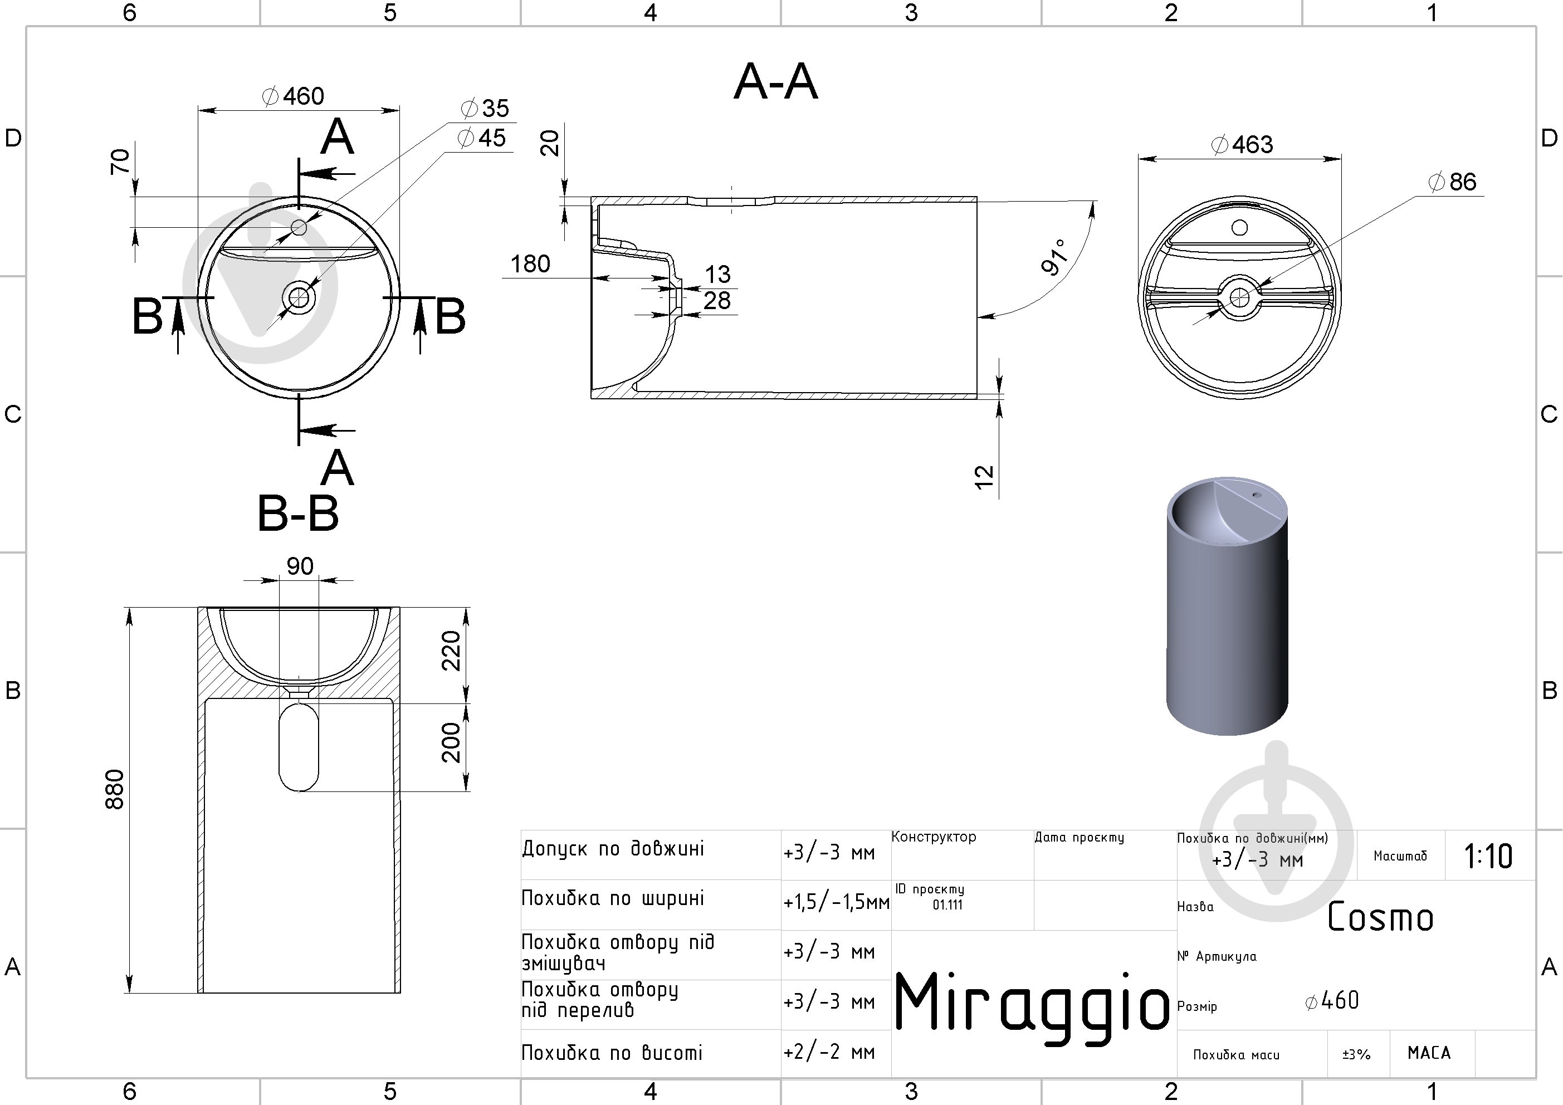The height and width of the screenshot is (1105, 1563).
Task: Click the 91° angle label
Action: (x=1054, y=257)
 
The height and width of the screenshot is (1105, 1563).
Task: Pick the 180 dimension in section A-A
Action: (x=530, y=263)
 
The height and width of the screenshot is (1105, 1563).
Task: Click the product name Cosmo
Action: (x=1380, y=917)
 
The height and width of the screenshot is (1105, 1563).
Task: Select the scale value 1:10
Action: (x=1488, y=857)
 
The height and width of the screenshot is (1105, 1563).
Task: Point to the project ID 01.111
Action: (x=947, y=905)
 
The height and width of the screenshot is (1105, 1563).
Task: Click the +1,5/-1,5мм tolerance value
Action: (x=836, y=903)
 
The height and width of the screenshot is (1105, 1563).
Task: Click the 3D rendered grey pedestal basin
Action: (x=1227, y=606)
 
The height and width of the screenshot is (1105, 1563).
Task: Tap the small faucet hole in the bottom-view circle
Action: (x=1239, y=227)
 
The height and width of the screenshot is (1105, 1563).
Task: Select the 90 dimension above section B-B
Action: (x=300, y=566)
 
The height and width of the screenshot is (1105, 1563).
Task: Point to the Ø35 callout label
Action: (x=485, y=107)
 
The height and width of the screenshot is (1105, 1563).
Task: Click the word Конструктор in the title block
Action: (x=934, y=837)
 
